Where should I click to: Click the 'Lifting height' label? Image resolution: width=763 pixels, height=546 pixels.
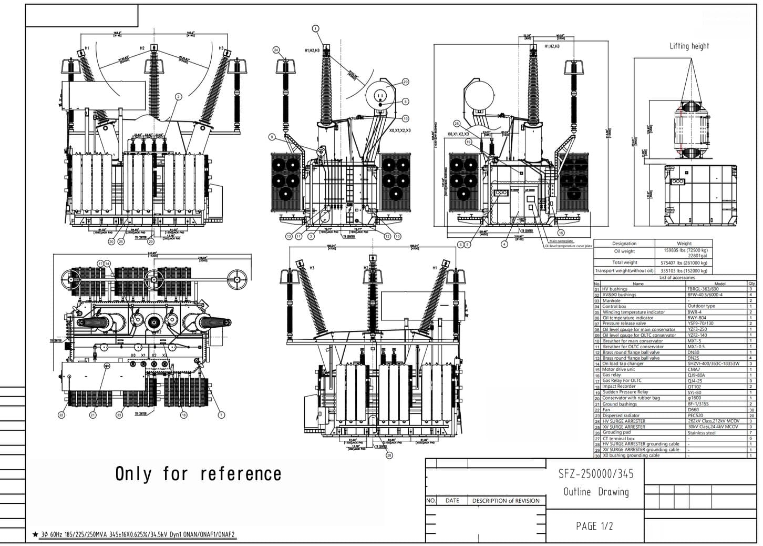click(689, 46)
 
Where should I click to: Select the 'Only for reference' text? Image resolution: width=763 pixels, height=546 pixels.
click(198, 474)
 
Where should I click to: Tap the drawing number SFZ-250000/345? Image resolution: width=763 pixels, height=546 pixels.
click(596, 474)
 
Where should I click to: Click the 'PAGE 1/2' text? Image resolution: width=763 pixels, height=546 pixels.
click(594, 526)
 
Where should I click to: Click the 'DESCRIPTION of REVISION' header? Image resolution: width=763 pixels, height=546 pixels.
click(506, 501)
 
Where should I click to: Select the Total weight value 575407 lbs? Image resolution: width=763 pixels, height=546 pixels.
click(684, 262)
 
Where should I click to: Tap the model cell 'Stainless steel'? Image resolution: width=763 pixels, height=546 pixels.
click(702, 433)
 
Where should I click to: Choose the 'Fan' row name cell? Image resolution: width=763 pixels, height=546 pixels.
click(606, 410)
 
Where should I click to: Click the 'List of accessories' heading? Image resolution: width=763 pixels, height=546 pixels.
click(676, 277)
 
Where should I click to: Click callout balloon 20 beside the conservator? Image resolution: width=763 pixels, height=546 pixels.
click(405, 82)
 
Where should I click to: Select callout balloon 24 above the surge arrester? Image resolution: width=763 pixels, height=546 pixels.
click(276, 50)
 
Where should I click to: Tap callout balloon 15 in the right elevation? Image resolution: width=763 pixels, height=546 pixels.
click(561, 232)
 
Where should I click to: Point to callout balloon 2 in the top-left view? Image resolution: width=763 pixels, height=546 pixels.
click(178, 97)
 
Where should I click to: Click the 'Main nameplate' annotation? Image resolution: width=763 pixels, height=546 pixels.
click(561, 241)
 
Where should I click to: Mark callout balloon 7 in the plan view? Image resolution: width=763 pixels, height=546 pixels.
click(221, 415)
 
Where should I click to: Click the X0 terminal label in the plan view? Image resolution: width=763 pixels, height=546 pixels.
click(133, 356)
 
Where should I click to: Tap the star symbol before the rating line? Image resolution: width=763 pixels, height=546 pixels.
click(36, 535)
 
